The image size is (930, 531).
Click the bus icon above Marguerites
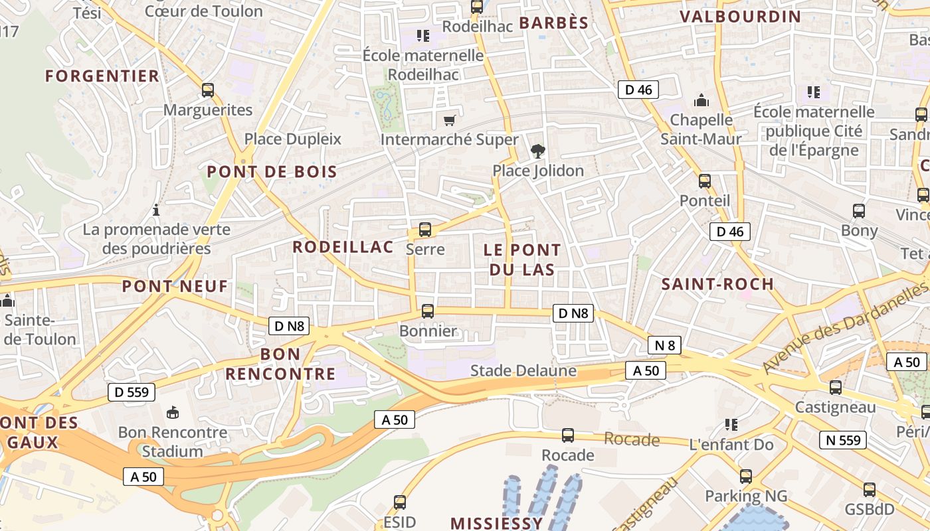tap(208, 90)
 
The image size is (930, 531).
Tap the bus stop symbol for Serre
tap(425, 230)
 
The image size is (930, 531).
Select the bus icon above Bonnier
tap(428, 311)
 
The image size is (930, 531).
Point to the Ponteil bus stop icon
tap(705, 181)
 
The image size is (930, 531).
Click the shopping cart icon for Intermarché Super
tap(450, 120)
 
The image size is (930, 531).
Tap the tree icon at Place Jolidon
tap(538, 151)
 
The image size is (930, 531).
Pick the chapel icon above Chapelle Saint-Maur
tap(701, 101)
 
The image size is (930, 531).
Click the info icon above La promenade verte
tap(156, 210)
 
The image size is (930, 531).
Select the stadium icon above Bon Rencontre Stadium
tap(173, 413)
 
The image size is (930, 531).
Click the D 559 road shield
tap(132, 392)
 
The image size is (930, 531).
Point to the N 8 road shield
tap(664, 345)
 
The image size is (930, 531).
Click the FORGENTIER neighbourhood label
tap(102, 76)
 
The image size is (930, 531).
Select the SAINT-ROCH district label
tap(717, 284)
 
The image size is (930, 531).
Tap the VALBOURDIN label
tap(741, 17)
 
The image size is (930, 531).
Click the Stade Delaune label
tap(523, 370)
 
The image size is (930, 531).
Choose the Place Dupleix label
tap(292, 139)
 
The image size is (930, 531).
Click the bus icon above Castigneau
tap(836, 388)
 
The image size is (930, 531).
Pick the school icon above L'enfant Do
tap(731, 424)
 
